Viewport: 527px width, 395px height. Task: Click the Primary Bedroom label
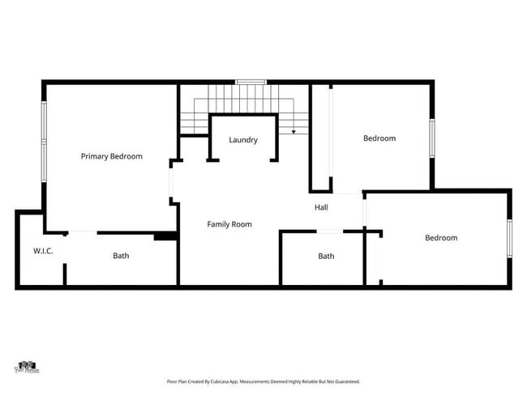[x=112, y=156]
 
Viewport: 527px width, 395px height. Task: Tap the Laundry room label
[x=243, y=140]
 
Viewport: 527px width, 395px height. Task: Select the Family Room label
[x=229, y=224]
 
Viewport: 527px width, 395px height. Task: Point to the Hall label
[x=321, y=208]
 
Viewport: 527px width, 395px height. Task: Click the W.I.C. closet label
[x=43, y=251]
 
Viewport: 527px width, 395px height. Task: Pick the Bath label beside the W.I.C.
[x=121, y=256]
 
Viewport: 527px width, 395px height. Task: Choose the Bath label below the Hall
[x=326, y=256]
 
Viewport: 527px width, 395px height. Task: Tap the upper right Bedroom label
[x=379, y=138]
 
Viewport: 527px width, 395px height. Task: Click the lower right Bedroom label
[x=441, y=238]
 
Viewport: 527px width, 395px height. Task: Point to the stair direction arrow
[x=293, y=130]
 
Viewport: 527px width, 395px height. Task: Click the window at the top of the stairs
[x=251, y=81]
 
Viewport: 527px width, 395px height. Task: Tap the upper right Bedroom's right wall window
[x=432, y=142]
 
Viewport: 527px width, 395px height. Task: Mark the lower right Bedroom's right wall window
[x=510, y=238]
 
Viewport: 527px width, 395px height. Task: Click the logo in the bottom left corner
[x=28, y=367]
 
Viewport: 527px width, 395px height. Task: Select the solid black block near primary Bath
[x=165, y=236]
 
